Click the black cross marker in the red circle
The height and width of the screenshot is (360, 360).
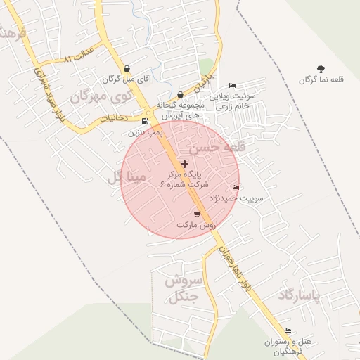(185, 164)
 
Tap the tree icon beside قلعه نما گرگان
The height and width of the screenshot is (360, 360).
(321, 69)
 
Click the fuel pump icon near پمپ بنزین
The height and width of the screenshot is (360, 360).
(145, 120)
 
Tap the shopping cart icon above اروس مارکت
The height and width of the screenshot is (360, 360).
(196, 214)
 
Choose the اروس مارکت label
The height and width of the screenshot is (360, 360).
(196, 224)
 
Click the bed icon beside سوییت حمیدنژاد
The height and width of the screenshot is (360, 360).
(235, 187)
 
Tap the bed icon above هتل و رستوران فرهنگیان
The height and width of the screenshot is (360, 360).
(287, 330)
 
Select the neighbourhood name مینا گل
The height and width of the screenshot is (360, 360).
(127, 177)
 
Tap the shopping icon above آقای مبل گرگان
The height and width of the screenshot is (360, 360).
(126, 69)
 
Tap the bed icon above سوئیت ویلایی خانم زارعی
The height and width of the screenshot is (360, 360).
(232, 85)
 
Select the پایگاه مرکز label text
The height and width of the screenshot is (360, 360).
(184, 173)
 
